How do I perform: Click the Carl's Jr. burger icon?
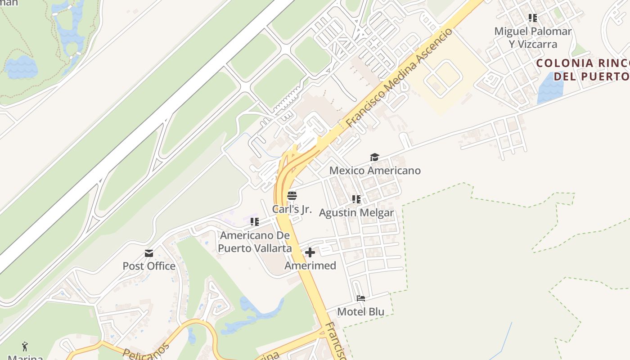tap(292, 196)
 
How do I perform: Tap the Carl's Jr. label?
tap(292, 209)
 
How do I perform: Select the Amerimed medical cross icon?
tap(310, 252)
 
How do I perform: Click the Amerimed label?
tap(310, 265)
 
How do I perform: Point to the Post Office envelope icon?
tap(149, 253)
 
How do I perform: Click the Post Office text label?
tap(149, 266)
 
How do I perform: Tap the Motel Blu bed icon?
tap(360, 298)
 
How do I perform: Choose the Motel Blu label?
tap(360, 311)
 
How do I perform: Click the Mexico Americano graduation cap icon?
tap(374, 157)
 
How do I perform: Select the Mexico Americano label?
tap(375, 171)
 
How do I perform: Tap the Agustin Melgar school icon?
tap(356, 199)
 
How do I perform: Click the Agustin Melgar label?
tap(356, 212)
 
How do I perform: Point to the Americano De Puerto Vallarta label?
tap(255, 242)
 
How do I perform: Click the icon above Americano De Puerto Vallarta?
tap(255, 221)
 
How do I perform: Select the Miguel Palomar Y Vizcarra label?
tap(533, 38)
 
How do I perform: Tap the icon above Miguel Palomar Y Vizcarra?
tap(533, 18)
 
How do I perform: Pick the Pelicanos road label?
tap(146, 350)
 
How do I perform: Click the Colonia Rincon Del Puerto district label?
tap(583, 69)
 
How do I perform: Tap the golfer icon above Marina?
tap(25, 346)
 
